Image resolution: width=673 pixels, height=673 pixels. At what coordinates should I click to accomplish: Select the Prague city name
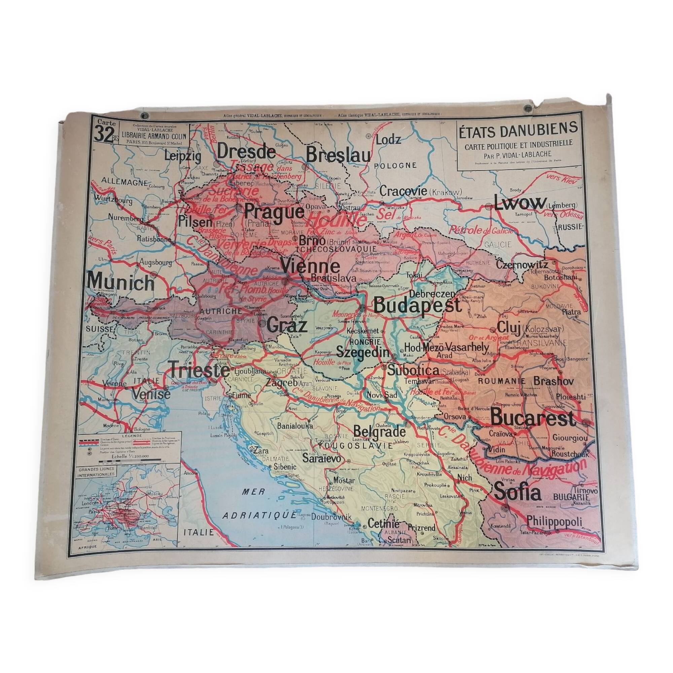click(274, 211)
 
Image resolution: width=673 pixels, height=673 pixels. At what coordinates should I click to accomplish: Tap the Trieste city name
click(199, 370)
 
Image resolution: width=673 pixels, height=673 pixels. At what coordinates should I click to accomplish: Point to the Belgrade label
click(379, 432)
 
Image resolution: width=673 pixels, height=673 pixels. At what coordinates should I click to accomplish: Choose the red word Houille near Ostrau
click(338, 220)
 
